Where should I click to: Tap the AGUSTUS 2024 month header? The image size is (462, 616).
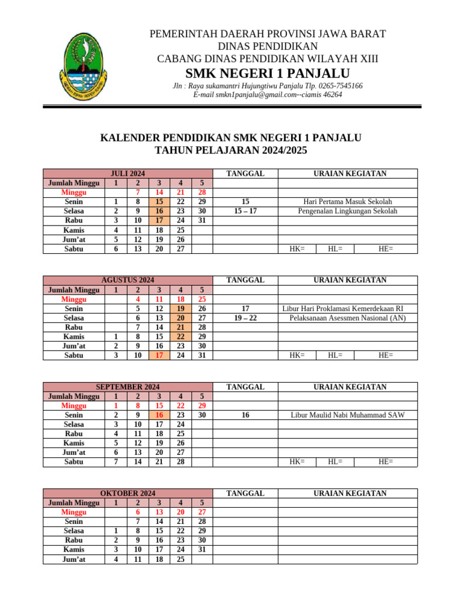click(x=128, y=280)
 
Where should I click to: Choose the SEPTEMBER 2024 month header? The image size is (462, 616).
click(x=128, y=387)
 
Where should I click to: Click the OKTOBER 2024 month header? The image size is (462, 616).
click(x=128, y=493)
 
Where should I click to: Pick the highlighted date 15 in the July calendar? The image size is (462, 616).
click(x=159, y=202)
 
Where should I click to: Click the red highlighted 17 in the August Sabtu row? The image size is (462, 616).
click(x=159, y=355)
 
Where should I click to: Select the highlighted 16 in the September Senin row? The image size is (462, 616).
click(x=159, y=415)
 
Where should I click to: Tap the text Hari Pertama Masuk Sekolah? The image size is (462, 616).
click(x=348, y=202)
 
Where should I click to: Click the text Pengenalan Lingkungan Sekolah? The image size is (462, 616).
click(x=348, y=211)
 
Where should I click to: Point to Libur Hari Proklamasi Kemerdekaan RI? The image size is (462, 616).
click(x=343, y=308)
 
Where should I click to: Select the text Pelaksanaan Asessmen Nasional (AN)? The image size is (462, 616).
click(x=347, y=318)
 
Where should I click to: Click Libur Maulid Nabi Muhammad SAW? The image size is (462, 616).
click(x=348, y=415)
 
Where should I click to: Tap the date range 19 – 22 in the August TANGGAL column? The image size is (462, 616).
click(x=245, y=318)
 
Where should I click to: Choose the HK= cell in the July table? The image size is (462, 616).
click(x=297, y=248)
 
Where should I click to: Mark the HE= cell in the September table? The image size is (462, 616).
click(x=386, y=461)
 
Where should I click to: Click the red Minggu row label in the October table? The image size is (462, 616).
click(x=73, y=512)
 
